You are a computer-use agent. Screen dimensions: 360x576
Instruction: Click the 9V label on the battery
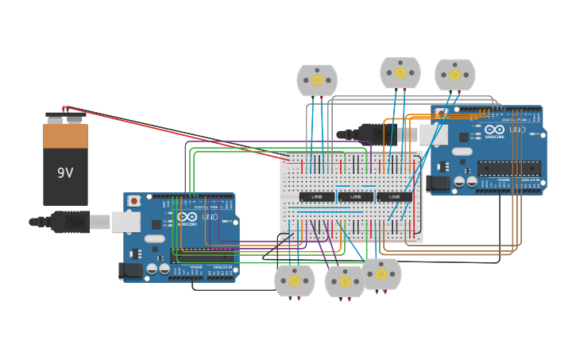[65, 172]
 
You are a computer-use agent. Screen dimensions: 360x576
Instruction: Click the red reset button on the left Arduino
[133, 201]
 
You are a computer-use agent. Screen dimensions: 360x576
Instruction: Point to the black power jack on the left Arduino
[132, 271]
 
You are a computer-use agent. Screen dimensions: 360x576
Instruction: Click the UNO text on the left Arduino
[210, 217]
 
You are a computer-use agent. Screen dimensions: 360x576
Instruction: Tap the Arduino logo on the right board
[494, 130]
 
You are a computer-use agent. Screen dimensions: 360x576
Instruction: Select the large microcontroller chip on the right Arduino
[508, 168]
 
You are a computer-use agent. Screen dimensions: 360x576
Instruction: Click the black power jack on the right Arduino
[439, 184]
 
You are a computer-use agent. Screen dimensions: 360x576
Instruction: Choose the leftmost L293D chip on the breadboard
[317, 196]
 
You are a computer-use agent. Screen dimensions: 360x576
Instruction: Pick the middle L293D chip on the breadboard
[356, 196]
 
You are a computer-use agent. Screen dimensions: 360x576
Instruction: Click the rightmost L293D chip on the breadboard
[395, 196]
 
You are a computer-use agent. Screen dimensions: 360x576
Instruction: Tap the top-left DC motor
[317, 80]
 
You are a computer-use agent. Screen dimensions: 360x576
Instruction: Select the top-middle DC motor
[400, 73]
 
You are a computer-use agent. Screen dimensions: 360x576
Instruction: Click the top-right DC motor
[454, 75]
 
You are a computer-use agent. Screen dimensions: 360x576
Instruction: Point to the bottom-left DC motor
[294, 281]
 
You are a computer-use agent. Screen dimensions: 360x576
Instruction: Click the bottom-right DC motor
[381, 274]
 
